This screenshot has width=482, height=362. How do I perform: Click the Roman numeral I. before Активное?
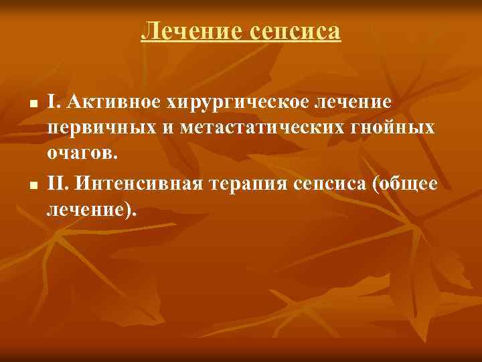coord(52,103)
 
